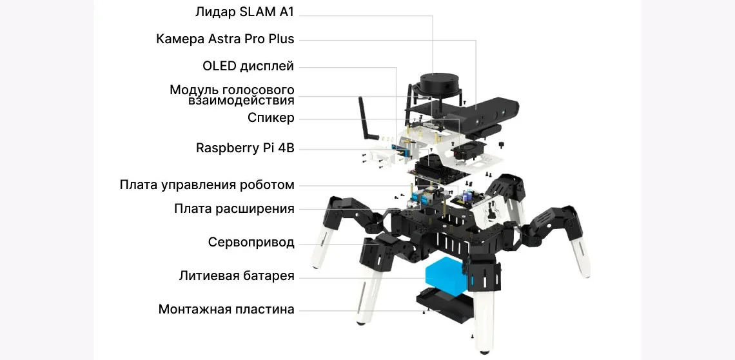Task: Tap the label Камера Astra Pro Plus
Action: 225,39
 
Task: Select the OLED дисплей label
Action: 248,66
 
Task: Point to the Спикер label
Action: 271,117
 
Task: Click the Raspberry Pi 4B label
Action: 245,148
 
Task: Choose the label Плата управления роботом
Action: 207,185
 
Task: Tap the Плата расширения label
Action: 234,208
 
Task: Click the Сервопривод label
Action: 251,243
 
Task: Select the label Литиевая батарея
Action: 237,276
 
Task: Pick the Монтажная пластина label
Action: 226,309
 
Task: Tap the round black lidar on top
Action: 438,84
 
